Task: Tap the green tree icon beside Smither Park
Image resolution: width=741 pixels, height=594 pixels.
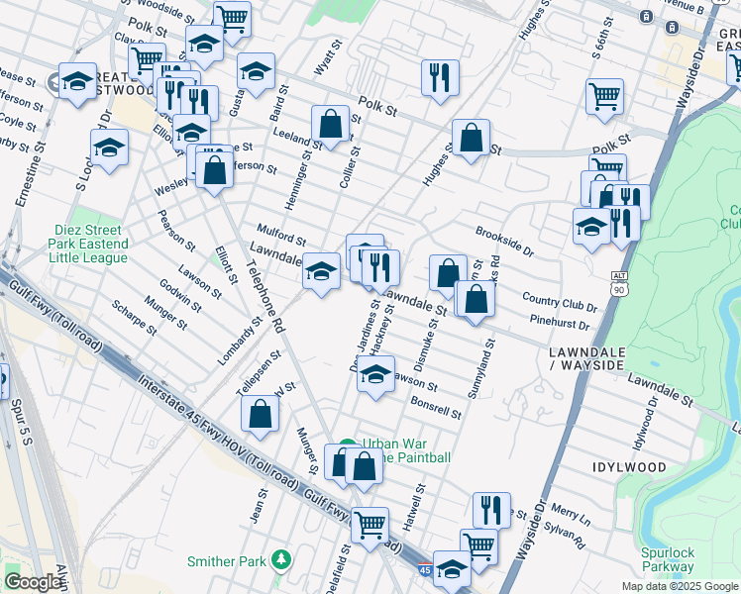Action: click(282, 561)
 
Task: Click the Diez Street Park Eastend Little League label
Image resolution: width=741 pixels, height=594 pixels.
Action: click(90, 244)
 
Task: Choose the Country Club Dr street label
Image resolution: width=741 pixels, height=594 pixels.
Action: click(559, 304)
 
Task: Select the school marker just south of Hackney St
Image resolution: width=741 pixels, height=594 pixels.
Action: click(374, 374)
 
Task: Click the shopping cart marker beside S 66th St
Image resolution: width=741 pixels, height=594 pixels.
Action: click(604, 96)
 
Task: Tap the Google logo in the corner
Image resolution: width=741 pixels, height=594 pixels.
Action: click(33, 582)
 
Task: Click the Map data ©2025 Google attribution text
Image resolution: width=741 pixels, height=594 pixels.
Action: click(680, 586)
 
